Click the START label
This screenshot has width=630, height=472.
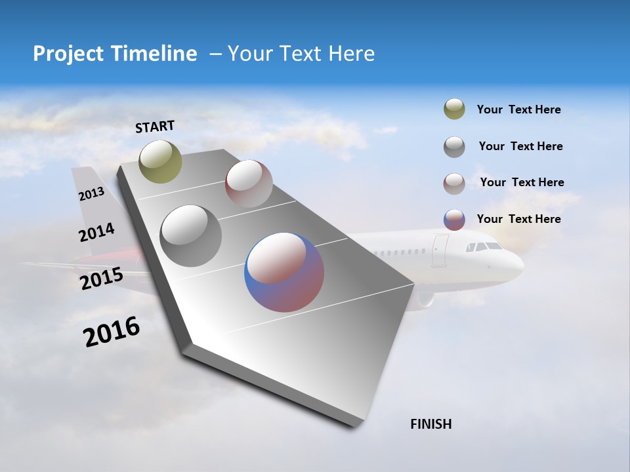pyautogui.click(x=155, y=127)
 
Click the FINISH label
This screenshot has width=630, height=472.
pyautogui.click(x=431, y=424)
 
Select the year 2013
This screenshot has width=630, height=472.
pyautogui.click(x=91, y=194)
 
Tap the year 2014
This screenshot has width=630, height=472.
pyautogui.click(x=96, y=233)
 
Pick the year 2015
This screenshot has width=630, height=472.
pyautogui.click(x=101, y=279)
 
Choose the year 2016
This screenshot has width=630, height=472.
pyautogui.click(x=112, y=332)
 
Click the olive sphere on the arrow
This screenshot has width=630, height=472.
pyautogui.click(x=160, y=161)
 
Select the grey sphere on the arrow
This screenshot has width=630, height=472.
pyautogui.click(x=190, y=236)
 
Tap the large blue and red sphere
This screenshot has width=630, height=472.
pyautogui.click(x=284, y=272)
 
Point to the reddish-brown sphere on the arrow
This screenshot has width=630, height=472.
pyautogui.click(x=249, y=184)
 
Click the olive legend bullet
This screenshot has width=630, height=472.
pyautogui.click(x=454, y=109)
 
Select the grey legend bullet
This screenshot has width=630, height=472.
pyautogui.click(x=454, y=147)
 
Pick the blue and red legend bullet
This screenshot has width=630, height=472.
pyautogui.click(x=454, y=220)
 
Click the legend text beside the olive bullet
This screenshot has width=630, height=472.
pyautogui.click(x=518, y=110)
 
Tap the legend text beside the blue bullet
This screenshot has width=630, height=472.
pyautogui.click(x=518, y=219)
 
